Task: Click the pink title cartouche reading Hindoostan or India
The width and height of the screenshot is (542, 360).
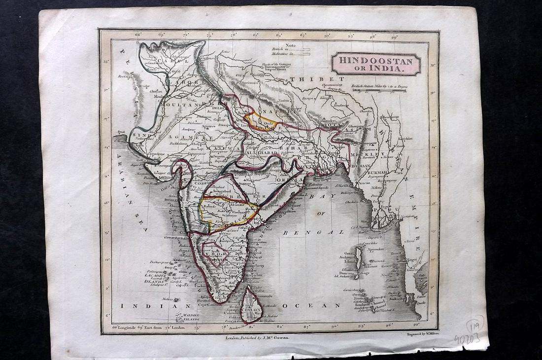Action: (376, 64)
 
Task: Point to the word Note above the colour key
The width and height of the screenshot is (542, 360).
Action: (290, 44)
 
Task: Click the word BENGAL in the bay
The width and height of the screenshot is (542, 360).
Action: (320, 231)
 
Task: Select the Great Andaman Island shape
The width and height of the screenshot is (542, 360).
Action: (359, 256)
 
